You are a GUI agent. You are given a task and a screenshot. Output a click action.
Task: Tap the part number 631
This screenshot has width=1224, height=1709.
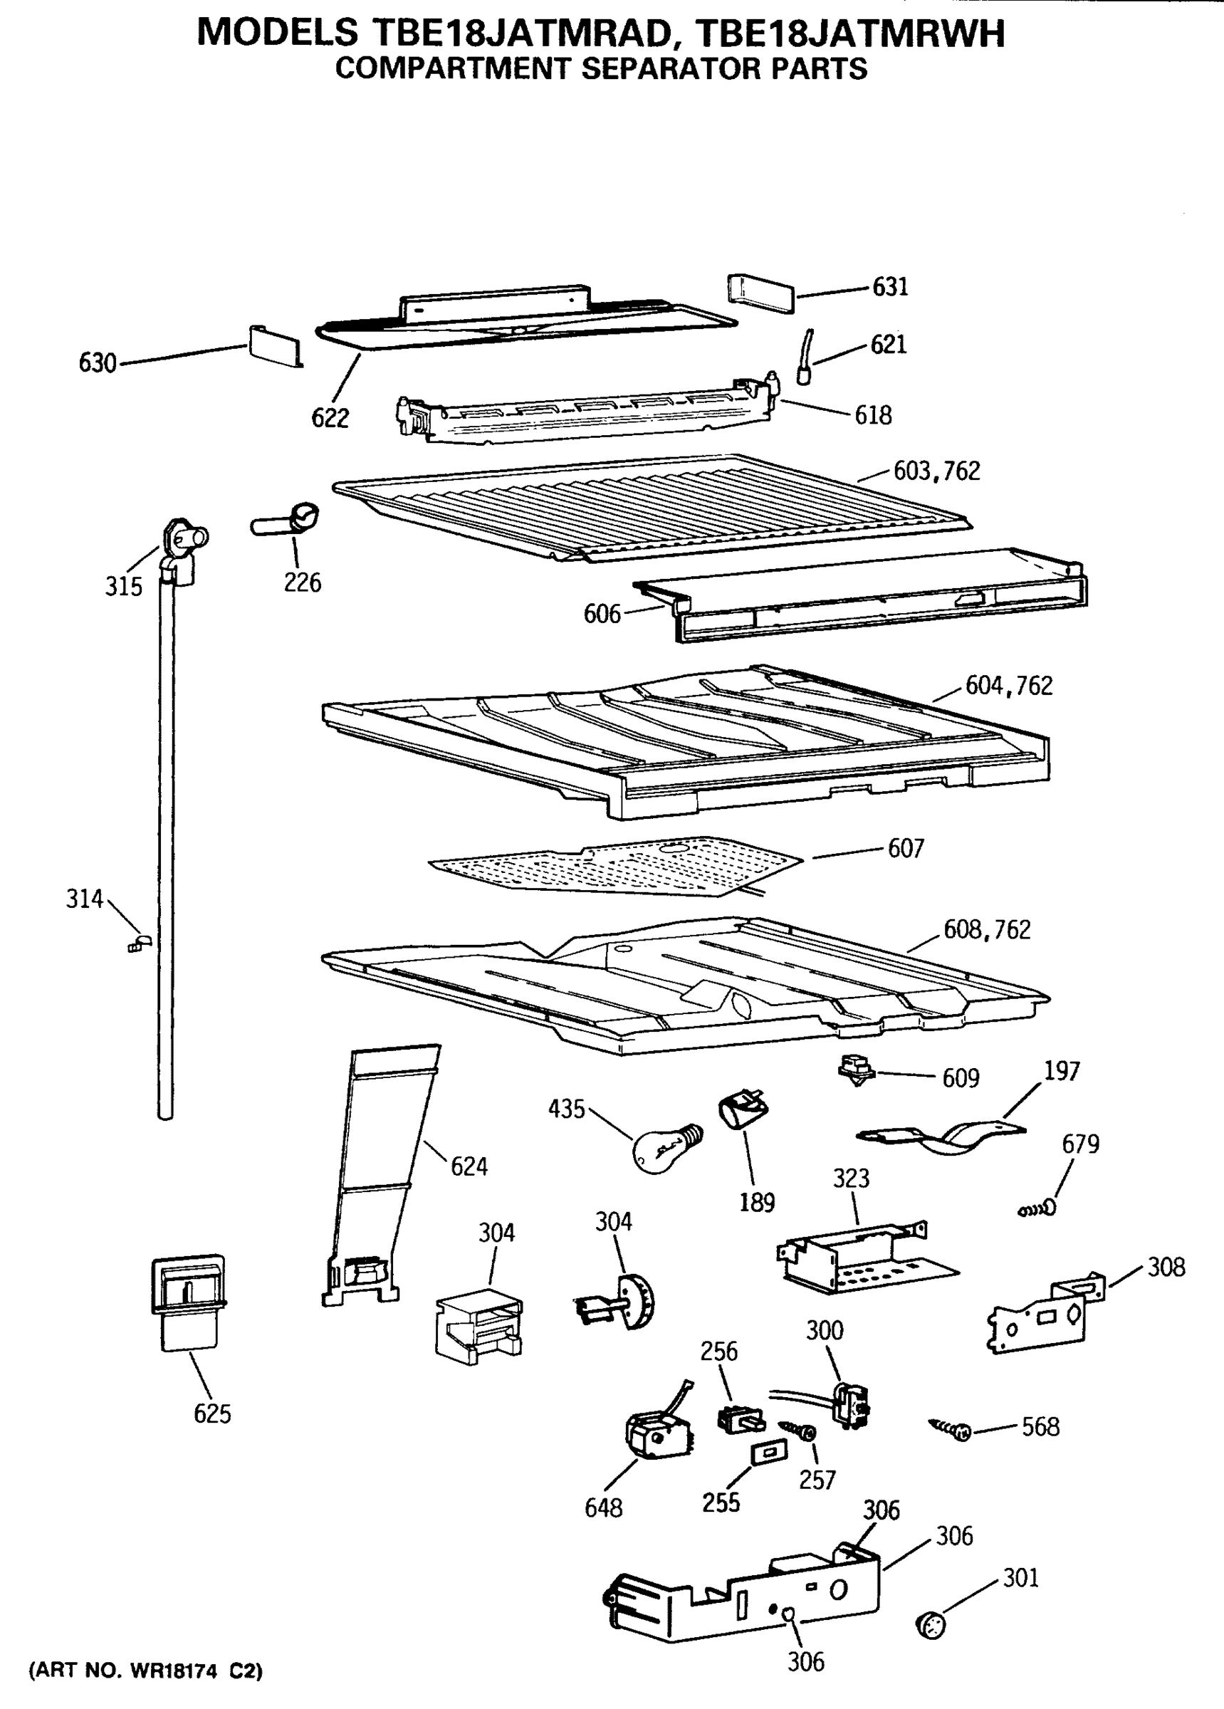click(x=890, y=287)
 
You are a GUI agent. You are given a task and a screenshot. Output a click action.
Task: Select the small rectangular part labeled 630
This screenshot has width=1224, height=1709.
click(x=272, y=346)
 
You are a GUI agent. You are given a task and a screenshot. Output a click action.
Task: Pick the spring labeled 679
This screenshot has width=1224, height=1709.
click(x=1036, y=1209)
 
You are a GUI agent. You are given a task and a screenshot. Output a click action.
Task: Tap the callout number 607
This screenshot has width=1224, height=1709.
click(x=905, y=849)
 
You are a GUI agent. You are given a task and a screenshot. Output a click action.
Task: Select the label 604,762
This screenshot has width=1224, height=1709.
click(x=1008, y=686)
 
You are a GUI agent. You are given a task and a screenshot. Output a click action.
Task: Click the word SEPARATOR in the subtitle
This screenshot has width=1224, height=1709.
click(x=674, y=68)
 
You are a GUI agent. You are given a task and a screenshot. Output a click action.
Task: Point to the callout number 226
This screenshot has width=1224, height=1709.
click(x=302, y=582)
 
